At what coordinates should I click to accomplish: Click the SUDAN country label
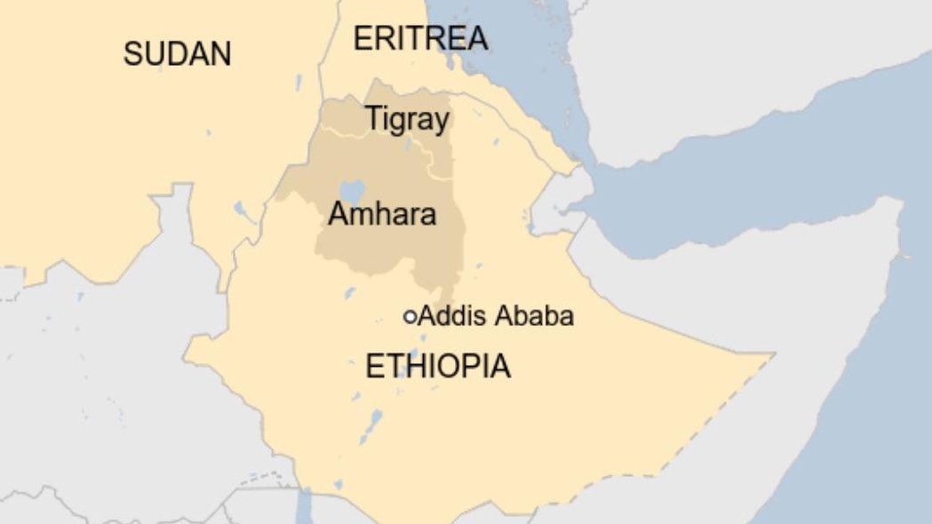(x=177, y=54)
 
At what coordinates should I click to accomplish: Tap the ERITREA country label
(x=420, y=38)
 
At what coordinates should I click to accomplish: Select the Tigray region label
(x=407, y=119)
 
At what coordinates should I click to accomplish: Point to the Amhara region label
(x=382, y=214)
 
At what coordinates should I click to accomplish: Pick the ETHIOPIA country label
(x=438, y=366)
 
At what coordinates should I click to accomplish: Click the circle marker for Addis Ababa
(x=410, y=316)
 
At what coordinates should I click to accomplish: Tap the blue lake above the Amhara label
(x=352, y=190)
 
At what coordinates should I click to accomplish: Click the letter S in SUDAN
(x=131, y=54)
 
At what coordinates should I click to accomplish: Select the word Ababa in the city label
(x=535, y=315)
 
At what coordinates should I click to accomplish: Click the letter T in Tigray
(x=373, y=118)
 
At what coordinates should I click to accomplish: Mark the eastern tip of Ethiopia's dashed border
(x=774, y=354)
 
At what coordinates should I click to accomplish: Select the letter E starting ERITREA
(x=362, y=38)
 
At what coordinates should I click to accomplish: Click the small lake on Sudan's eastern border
(x=241, y=211)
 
